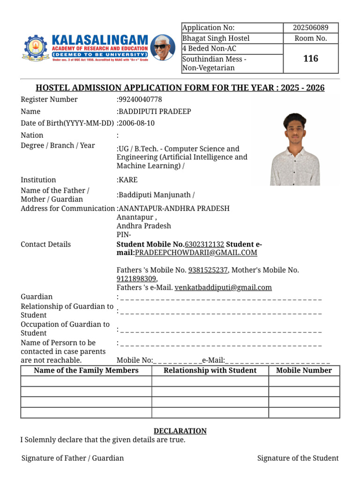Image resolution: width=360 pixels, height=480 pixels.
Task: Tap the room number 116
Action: coord(310,59)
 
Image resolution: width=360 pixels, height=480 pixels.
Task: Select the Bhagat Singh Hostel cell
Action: coord(216,38)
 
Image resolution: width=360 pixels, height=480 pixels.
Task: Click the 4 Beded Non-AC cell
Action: coord(209,49)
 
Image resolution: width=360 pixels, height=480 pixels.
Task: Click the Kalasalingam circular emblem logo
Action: coord(33,47)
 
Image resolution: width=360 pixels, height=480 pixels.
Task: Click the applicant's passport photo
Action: coord(295,149)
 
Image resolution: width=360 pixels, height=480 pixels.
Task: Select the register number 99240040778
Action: coord(140,99)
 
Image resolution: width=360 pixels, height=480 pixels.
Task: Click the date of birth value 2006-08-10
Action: coord(136,123)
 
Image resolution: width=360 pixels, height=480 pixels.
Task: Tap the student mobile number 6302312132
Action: coord(204,244)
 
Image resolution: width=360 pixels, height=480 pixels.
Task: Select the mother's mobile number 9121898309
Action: coord(136,278)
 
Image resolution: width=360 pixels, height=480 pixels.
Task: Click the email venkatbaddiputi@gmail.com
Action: coord(223,287)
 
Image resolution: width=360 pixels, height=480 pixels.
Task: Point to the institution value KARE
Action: coord(128,180)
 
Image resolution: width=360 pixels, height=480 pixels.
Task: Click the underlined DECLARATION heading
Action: coord(180,431)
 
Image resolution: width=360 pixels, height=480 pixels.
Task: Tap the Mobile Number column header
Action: coord(304,371)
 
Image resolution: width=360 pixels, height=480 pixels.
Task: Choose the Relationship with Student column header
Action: coord(210,371)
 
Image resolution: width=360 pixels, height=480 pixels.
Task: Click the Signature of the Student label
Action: coord(298,458)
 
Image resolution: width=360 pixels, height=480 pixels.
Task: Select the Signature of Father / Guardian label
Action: coord(73,458)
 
